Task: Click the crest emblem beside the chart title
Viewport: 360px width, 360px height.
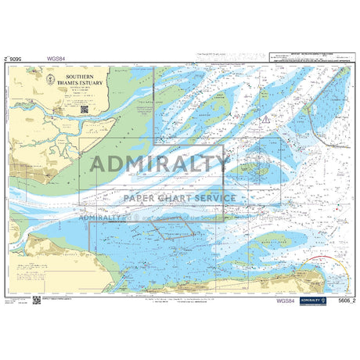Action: (50, 77)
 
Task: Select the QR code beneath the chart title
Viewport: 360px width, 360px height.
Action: (83, 110)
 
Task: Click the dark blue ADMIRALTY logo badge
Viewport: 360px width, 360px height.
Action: (312, 301)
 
